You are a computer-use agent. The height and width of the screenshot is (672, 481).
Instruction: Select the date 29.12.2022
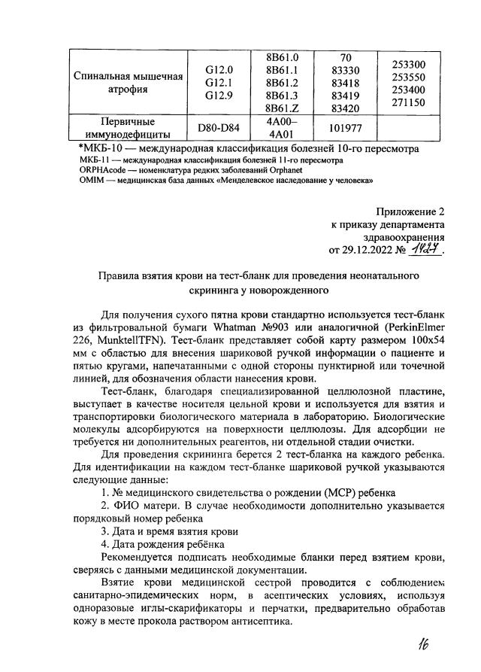(370, 251)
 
